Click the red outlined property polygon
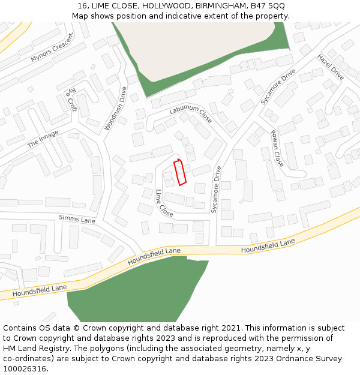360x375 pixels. point(180,173)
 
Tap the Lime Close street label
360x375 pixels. point(164,203)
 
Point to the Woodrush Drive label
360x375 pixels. point(116,109)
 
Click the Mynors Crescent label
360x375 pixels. point(52,48)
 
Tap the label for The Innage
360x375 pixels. point(43,139)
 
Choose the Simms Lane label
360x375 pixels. point(77,219)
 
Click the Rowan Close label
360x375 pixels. point(277,148)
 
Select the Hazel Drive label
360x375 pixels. point(331,67)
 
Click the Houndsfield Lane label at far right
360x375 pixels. point(268,245)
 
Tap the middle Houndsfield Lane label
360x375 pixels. point(154,256)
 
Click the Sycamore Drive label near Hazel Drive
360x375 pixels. point(278,87)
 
